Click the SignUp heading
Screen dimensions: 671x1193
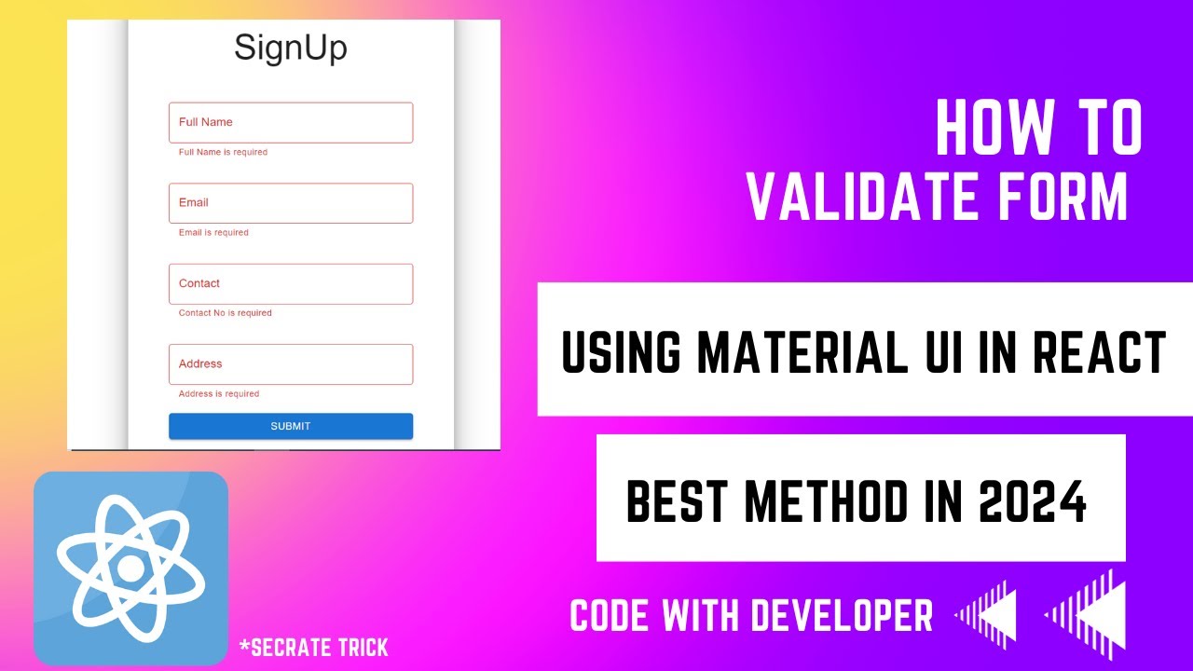(290, 48)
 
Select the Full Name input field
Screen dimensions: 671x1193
(290, 122)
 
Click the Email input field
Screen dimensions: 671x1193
(290, 203)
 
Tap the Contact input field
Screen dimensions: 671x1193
(290, 283)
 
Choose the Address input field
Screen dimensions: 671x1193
(290, 364)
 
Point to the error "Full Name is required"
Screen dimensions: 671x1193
(223, 152)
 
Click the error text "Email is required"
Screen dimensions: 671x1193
(213, 233)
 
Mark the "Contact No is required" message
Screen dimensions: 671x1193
(226, 313)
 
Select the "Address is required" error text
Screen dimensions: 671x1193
(219, 394)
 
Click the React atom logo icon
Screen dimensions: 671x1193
(130, 568)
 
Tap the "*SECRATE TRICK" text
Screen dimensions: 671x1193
(313, 647)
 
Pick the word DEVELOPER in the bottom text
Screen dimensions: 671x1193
(842, 616)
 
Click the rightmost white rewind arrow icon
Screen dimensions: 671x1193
(1086, 614)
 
